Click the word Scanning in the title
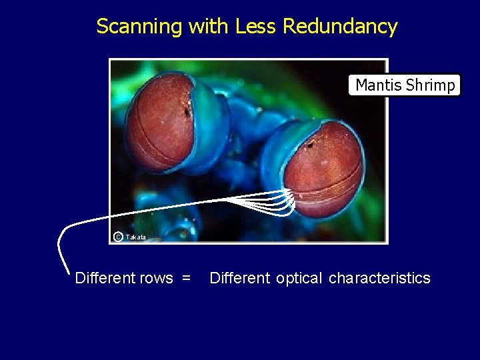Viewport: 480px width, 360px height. pyautogui.click(x=139, y=27)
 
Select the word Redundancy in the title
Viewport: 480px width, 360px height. pyautogui.click(x=340, y=27)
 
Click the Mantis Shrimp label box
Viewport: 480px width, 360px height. pyautogui.click(x=405, y=85)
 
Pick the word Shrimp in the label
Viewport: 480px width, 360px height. pyautogui.click(x=430, y=85)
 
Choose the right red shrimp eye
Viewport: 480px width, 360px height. pyautogui.click(x=323, y=170)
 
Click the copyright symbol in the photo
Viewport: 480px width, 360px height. pyautogui.click(x=118, y=237)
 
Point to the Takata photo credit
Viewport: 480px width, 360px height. pyautogui.click(x=135, y=237)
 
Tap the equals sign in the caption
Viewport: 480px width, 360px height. pyautogui.click(x=186, y=278)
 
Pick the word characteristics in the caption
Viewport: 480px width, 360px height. pyautogui.click(x=379, y=278)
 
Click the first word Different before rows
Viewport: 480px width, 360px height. pyautogui.click(x=106, y=278)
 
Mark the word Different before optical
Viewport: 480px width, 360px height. pyautogui.click(x=240, y=278)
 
